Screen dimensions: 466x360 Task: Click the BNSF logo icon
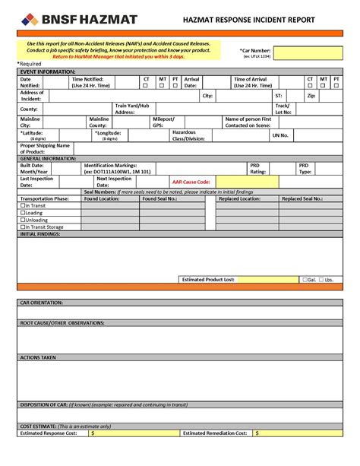(x=29, y=19)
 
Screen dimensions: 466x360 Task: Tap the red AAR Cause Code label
(x=191, y=182)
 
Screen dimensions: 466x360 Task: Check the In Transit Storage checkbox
(x=23, y=227)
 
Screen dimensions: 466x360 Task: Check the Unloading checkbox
(x=23, y=220)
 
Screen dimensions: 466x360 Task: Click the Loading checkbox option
(x=23, y=213)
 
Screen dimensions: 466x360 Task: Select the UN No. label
(x=279, y=135)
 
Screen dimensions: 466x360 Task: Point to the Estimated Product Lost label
(x=208, y=280)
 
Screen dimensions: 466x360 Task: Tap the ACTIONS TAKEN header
(x=38, y=357)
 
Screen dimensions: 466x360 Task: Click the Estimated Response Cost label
(x=49, y=433)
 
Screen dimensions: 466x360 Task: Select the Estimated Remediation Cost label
(x=215, y=433)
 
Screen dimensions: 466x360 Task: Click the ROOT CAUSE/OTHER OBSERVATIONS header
(x=62, y=323)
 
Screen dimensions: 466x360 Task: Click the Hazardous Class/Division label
(x=188, y=135)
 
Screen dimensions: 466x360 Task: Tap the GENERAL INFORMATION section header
(x=49, y=158)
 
